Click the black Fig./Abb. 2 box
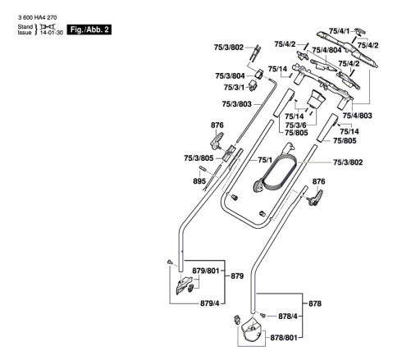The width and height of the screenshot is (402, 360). [x=89, y=30]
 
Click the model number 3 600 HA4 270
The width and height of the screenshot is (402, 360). [x=38, y=18]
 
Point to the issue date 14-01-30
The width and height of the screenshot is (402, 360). [x=52, y=33]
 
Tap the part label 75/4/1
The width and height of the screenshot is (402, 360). [x=339, y=31]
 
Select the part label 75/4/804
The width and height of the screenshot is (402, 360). [x=327, y=50]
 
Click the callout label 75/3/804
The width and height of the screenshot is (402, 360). [x=230, y=75]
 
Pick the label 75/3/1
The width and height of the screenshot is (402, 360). [x=234, y=87]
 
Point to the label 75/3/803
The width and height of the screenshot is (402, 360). [x=236, y=104]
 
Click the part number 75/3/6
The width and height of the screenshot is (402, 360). [x=295, y=125]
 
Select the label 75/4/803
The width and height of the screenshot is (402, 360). [x=357, y=116]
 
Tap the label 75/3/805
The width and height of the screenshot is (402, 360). [x=199, y=158]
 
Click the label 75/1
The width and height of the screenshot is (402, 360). [x=265, y=160]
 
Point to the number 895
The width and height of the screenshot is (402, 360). [x=199, y=181]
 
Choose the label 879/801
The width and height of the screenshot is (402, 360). [x=206, y=271]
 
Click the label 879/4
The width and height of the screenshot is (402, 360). [x=210, y=303]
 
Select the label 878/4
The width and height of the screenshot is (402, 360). [x=288, y=317]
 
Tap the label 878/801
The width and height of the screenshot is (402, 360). [x=284, y=338]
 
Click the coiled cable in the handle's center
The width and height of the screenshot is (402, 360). [x=276, y=171]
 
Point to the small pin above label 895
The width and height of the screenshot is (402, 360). [x=203, y=168]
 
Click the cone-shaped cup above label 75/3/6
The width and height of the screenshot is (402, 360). [x=315, y=99]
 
